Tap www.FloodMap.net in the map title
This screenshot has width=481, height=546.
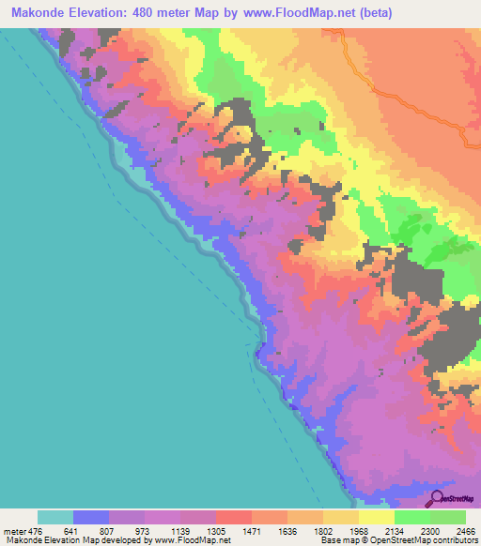[x=290, y=13]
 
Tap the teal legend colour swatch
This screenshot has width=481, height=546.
[x=54, y=517]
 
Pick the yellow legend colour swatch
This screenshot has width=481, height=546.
[x=376, y=517]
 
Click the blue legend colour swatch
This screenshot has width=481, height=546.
[x=91, y=517]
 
